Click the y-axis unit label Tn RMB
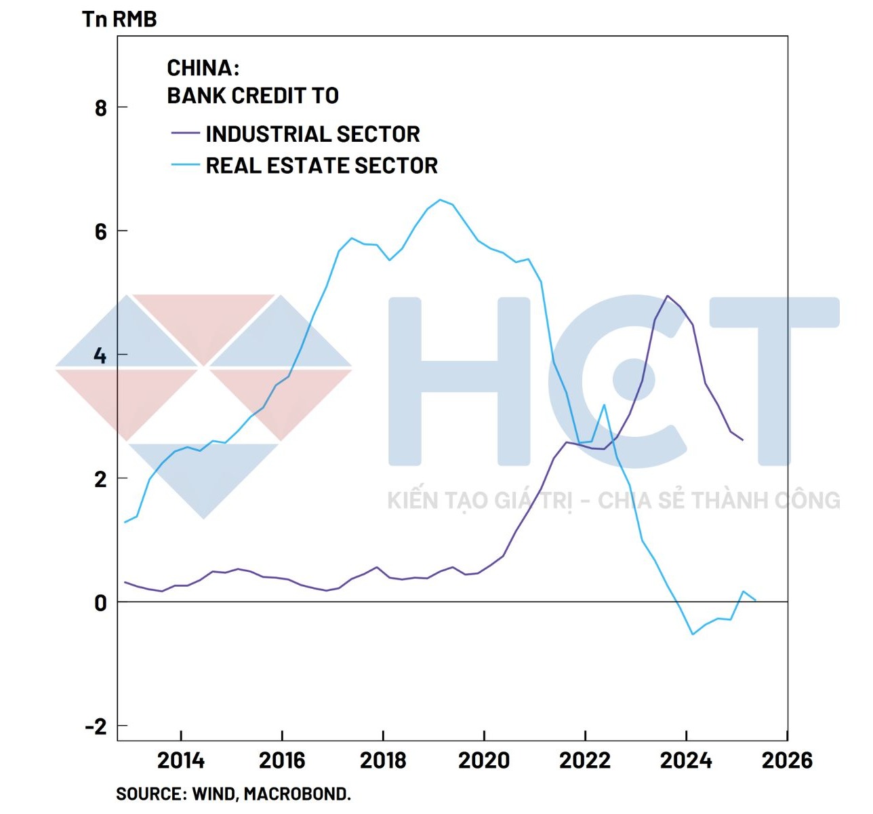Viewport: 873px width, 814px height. pos(119,19)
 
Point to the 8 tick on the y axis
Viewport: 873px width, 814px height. pos(101,108)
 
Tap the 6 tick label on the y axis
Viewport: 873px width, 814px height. pos(101,232)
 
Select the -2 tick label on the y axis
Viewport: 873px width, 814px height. pos(96,726)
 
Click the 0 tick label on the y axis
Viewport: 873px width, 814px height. pos(101,602)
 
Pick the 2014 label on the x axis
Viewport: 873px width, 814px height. pos(181,760)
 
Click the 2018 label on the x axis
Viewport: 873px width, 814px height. pos(383,760)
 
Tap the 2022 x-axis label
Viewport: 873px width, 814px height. pos(585,760)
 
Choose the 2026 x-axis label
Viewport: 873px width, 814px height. pos(787,760)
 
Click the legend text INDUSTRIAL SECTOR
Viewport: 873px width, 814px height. pos(312,134)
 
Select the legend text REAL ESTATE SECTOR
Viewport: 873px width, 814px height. pos(321,166)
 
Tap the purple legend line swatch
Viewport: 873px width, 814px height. pos(185,133)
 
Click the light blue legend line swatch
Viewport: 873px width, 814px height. pos(185,165)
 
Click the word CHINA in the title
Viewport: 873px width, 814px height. pos(201,68)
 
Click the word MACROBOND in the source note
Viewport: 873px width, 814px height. pos(296,794)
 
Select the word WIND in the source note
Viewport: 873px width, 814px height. pos(213,794)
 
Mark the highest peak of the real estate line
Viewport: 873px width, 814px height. pos(440,199)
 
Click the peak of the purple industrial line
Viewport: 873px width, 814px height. pos(668,296)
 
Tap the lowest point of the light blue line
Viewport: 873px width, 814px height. pos(693,634)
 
